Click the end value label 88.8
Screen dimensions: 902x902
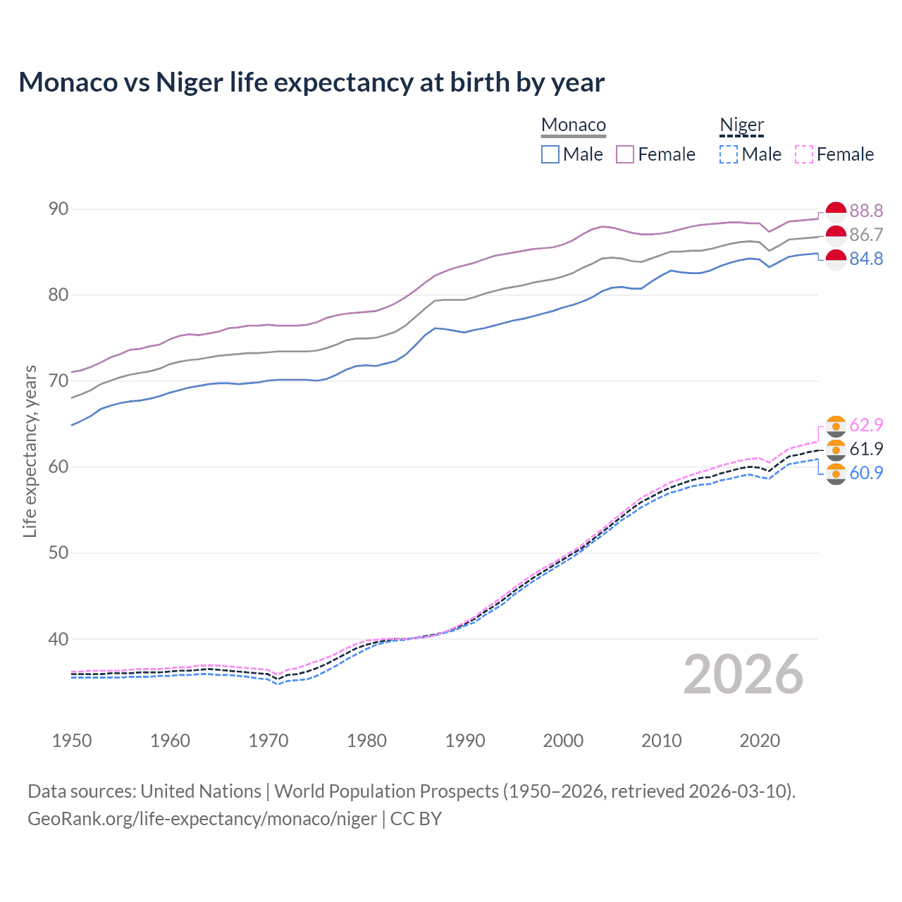tap(866, 211)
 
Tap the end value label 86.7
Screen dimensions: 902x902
tap(866, 235)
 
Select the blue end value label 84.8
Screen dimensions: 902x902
tap(866, 259)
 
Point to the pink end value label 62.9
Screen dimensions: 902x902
tap(866, 425)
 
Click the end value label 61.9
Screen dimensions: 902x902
tap(866, 449)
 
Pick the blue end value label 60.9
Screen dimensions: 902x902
tap(866, 473)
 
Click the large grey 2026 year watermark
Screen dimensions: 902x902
tap(743, 674)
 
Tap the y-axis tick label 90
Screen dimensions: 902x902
tap(58, 209)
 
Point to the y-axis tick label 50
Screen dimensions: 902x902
tap(58, 552)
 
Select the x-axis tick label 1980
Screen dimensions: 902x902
tap(366, 741)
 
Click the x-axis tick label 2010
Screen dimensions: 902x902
tap(661, 741)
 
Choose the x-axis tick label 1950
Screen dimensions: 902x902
tap(72, 741)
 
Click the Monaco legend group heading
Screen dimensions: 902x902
tap(574, 125)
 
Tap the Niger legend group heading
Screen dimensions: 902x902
tap(741, 125)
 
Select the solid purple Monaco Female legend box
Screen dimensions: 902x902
tap(625, 154)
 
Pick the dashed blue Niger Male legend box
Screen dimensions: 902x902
tap(729, 154)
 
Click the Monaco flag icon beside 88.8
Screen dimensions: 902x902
tap(836, 211)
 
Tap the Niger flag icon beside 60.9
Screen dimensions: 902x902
tap(836, 474)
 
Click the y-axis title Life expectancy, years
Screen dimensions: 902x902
tap(30, 451)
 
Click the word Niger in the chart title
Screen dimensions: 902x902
tap(189, 82)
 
